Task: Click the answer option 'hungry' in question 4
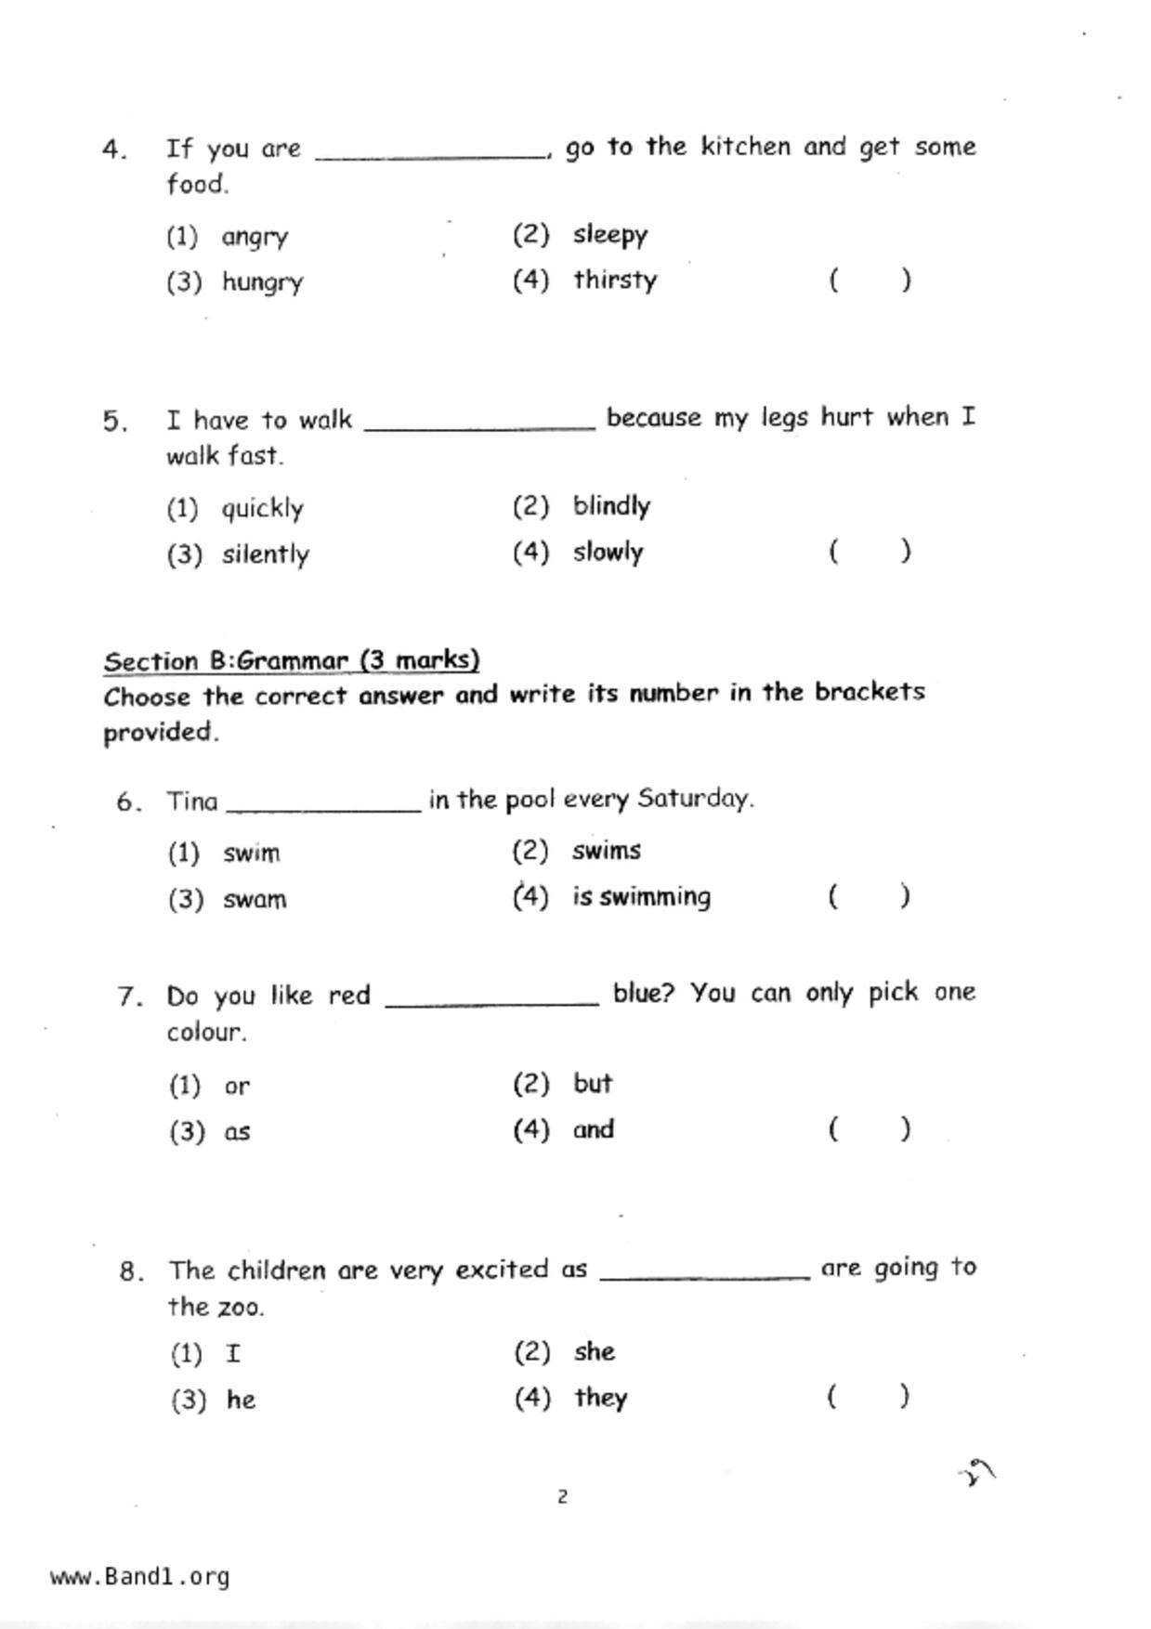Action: pos(262,281)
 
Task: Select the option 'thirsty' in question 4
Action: pos(615,280)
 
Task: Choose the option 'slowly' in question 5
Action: pos(608,552)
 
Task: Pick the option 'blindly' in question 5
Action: pos(611,506)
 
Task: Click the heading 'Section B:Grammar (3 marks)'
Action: pos(292,660)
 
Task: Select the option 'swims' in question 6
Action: pos(607,851)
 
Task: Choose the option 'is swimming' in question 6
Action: pos(642,897)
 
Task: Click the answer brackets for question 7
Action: pos(870,1129)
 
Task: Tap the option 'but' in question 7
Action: pos(593,1084)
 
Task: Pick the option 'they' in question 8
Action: pos(601,1398)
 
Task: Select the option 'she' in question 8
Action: pos(595,1351)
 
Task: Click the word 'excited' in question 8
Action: pos(502,1270)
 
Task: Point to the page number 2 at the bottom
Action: pos(562,1496)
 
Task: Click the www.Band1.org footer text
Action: pos(139,1577)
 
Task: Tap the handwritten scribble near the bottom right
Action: pos(977,1473)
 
